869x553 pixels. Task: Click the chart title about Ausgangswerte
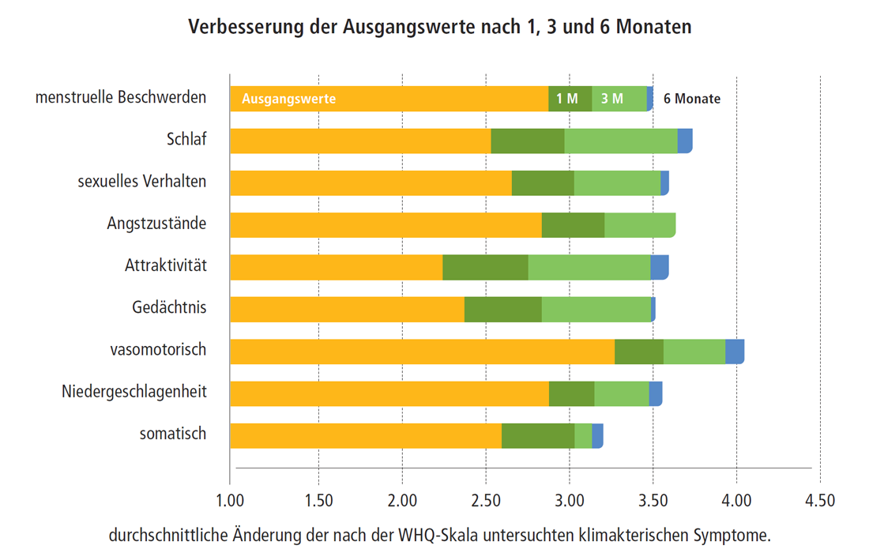(x=439, y=27)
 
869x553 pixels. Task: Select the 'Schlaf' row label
(x=186, y=139)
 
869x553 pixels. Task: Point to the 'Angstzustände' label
(x=156, y=223)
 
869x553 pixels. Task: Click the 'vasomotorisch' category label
(x=158, y=348)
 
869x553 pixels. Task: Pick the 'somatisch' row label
(x=173, y=433)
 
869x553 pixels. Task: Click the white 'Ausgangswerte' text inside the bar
(x=289, y=99)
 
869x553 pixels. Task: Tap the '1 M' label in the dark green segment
(x=567, y=99)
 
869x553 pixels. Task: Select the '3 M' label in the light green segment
(x=612, y=99)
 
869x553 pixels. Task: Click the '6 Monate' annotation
(x=692, y=99)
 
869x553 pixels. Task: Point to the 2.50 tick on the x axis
(x=486, y=501)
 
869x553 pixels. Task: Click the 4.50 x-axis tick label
(x=819, y=501)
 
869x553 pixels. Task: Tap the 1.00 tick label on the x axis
(x=229, y=501)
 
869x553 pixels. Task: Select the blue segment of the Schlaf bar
(x=685, y=141)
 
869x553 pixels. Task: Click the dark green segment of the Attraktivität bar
(x=485, y=267)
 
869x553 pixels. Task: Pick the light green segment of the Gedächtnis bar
(x=596, y=309)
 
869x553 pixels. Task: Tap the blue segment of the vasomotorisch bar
(x=735, y=351)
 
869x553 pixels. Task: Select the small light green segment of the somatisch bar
(x=583, y=435)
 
